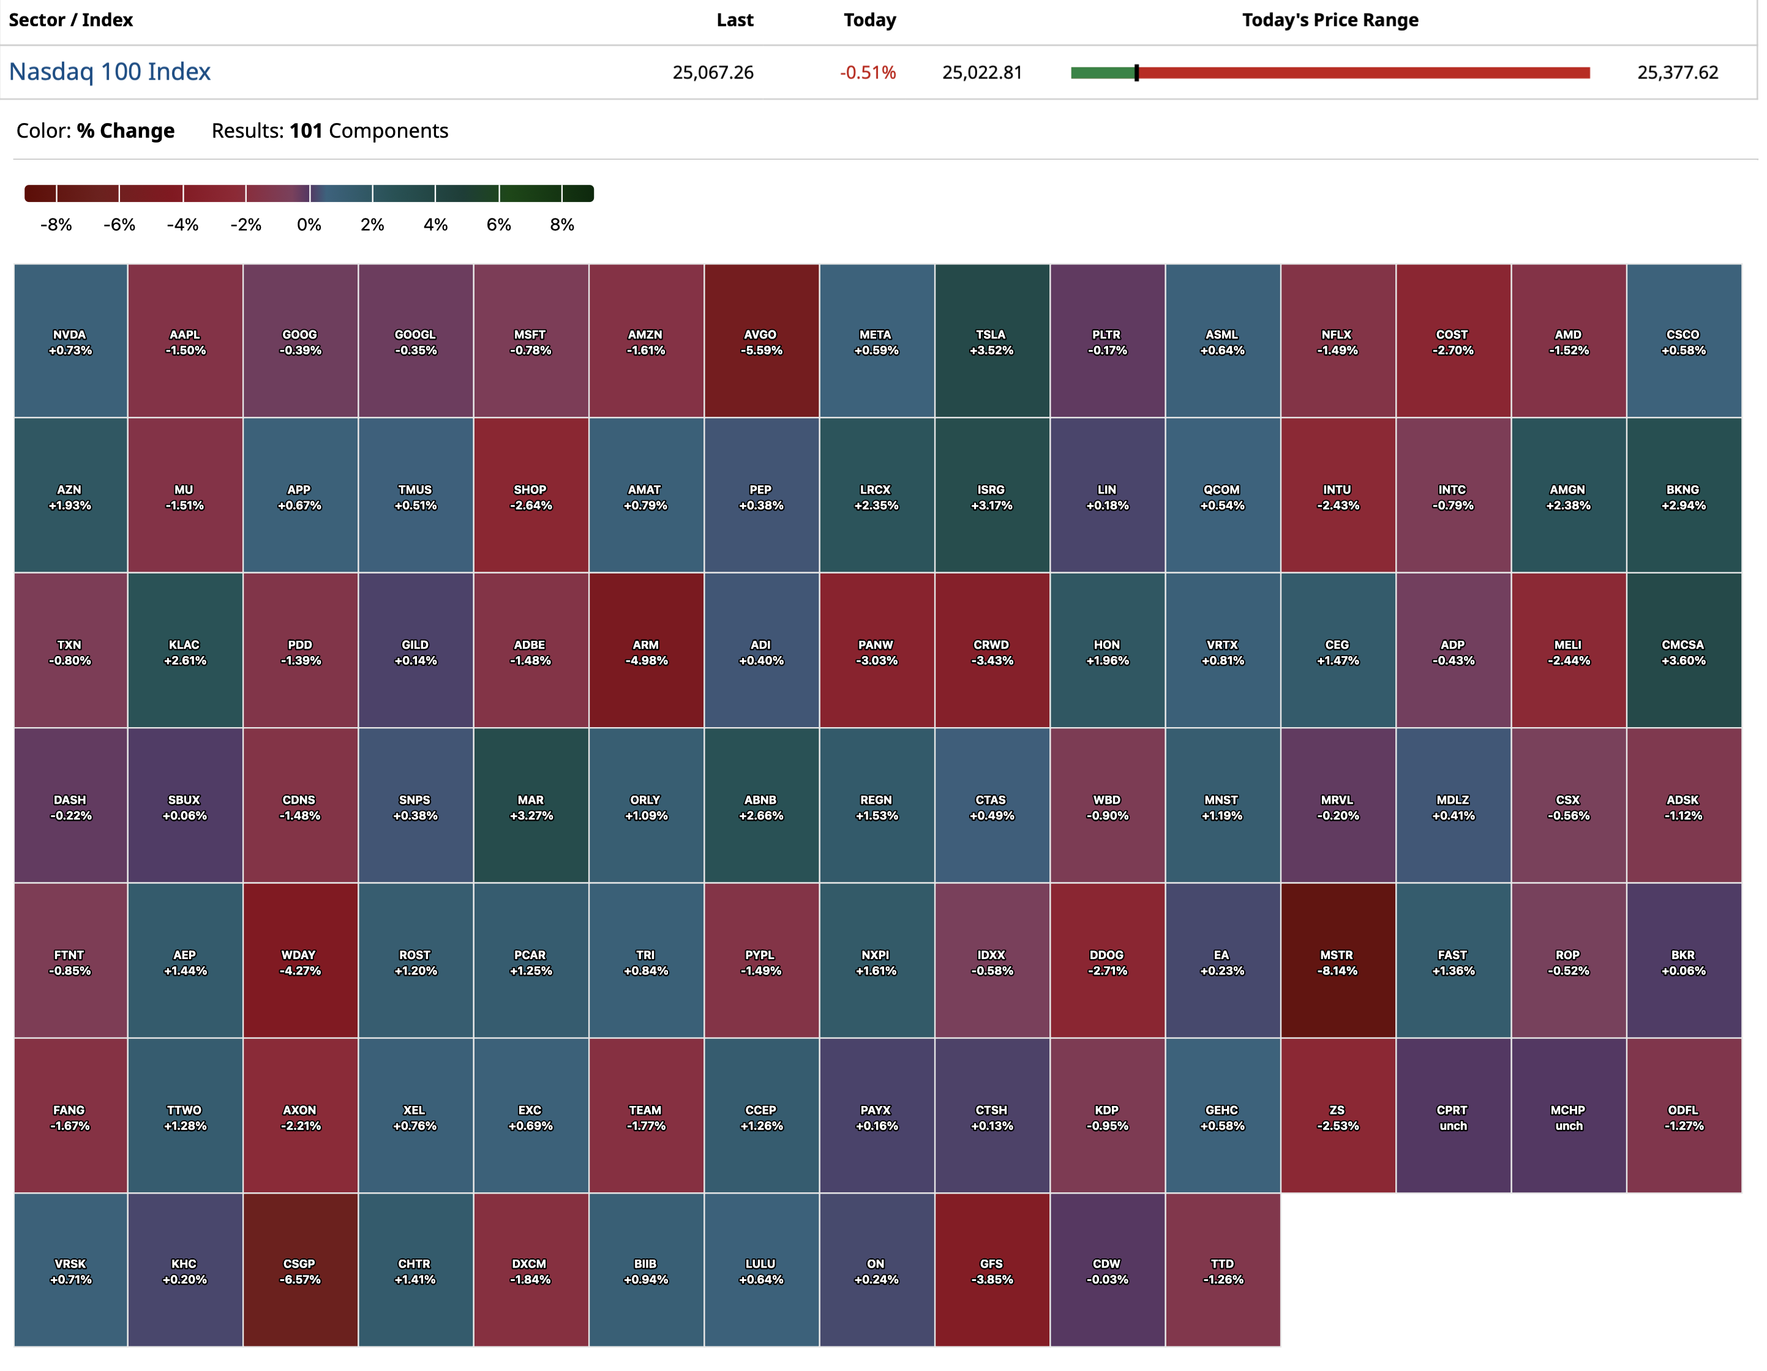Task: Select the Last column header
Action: (734, 20)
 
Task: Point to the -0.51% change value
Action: (868, 73)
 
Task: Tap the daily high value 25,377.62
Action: (1677, 73)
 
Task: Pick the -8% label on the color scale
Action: (56, 225)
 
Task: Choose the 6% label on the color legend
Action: (498, 225)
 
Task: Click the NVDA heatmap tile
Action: (70, 342)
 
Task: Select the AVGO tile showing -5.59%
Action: (761, 342)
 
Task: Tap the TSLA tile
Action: (992, 342)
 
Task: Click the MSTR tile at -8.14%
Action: (1337, 962)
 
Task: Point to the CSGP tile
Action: (300, 1271)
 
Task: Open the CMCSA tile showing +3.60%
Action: (1684, 652)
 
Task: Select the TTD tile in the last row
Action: (1223, 1271)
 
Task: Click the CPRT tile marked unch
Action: (1453, 1117)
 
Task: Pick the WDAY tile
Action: (300, 962)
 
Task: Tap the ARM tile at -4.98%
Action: (645, 652)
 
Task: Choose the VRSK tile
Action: (70, 1271)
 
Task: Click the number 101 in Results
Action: (306, 131)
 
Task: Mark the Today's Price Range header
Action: (1330, 20)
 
